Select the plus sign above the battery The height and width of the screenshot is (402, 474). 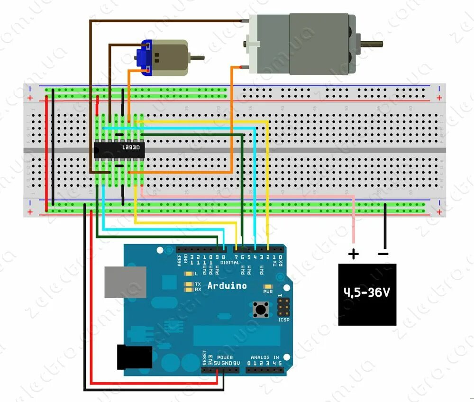[354, 255]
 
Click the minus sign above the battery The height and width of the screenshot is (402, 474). [383, 254]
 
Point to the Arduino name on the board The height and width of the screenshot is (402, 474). [227, 286]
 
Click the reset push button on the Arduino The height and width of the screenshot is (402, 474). [260, 310]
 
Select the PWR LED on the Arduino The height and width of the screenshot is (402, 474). [268, 286]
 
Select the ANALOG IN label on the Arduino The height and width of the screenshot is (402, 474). [265, 357]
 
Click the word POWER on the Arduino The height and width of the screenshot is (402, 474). [225, 357]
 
